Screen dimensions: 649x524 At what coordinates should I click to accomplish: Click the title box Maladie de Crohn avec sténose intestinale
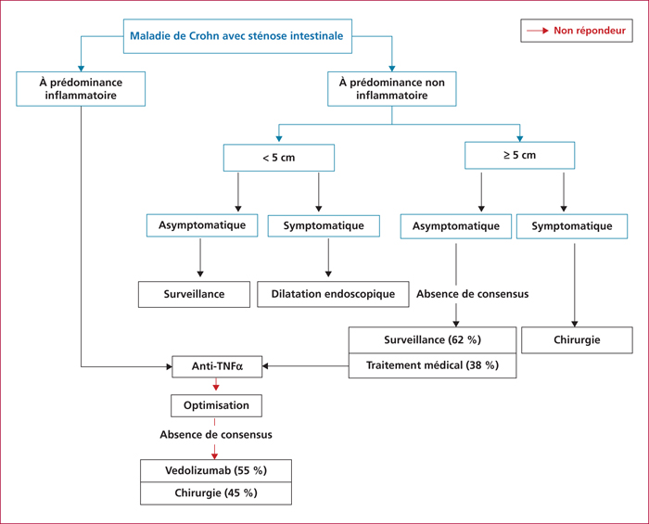pos(237,36)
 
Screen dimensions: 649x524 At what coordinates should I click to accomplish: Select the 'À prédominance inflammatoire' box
pos(81,89)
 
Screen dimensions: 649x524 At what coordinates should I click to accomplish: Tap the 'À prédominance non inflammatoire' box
pos(392,89)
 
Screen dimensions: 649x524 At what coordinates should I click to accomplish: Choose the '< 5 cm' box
pos(279,158)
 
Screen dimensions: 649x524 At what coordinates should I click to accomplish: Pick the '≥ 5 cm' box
pos(520,155)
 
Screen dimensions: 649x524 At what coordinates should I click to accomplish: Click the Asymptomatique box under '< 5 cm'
pos(202,225)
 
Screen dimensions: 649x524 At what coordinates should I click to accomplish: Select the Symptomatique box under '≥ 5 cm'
pos(572,226)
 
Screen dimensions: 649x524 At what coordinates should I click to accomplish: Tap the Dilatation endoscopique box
pos(333,294)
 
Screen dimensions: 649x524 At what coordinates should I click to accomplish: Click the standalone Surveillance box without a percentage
pos(194,294)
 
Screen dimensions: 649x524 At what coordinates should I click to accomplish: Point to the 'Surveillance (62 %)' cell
pos(433,339)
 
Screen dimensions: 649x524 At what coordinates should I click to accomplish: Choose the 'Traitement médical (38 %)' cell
pos(433,365)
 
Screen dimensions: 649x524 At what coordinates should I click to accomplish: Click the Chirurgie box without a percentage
pos(577,339)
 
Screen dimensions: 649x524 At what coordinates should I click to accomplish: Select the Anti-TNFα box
pos(217,366)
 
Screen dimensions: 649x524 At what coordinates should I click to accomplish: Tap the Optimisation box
pos(216,405)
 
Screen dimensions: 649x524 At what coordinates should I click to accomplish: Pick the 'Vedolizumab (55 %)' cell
pos(216,470)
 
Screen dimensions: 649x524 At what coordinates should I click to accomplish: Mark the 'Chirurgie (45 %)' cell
pos(216,493)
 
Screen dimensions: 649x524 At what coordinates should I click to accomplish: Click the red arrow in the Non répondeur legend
pos(538,31)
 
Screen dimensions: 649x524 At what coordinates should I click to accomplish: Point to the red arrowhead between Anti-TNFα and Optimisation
pos(216,388)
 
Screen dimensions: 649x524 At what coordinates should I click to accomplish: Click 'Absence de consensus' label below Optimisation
pos(216,435)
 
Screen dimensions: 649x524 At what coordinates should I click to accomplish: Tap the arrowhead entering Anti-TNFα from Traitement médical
pos(265,366)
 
